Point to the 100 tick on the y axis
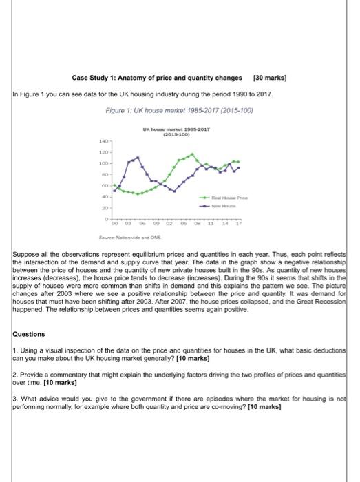(x=104, y=163)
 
